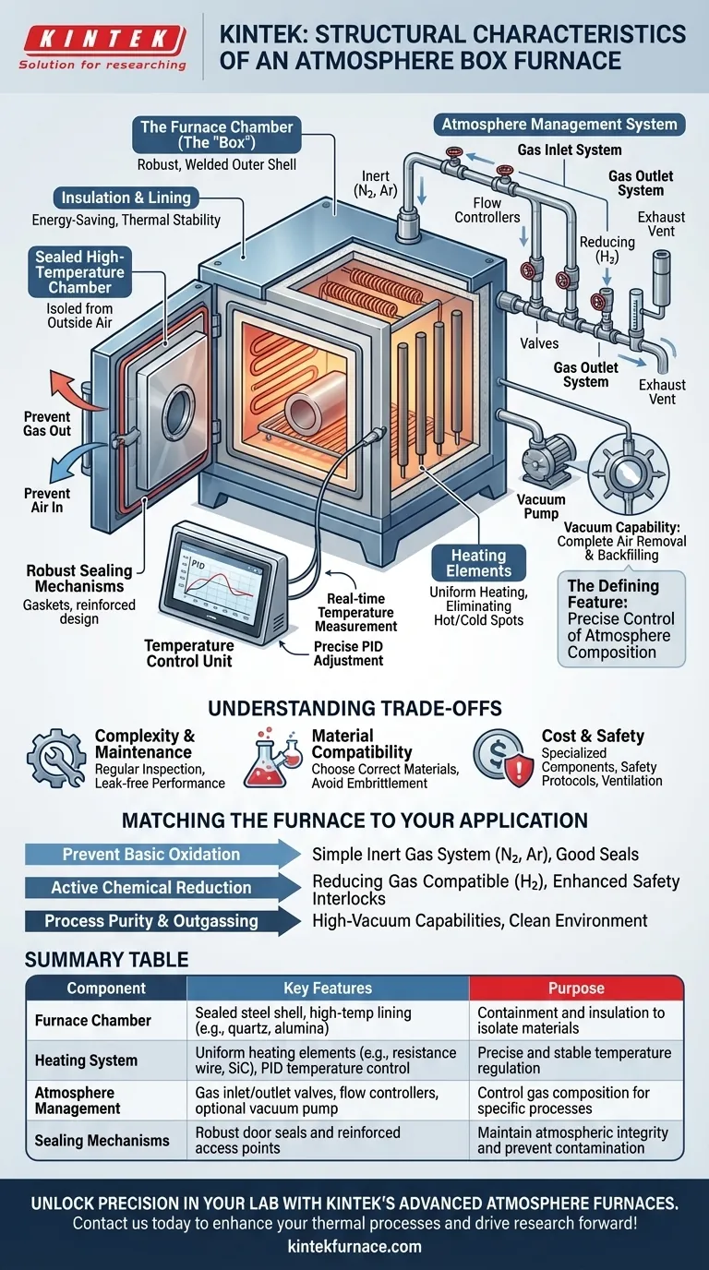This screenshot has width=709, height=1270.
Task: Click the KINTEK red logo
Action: (102, 39)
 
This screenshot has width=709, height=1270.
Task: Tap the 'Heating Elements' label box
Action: (478, 564)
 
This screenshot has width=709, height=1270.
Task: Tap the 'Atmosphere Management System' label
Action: (559, 125)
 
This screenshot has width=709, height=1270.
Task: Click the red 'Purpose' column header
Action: (576, 988)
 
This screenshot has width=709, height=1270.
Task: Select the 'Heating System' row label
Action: (87, 1060)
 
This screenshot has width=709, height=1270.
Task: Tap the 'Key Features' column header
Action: (328, 988)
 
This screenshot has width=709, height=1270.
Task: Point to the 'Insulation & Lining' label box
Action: (126, 198)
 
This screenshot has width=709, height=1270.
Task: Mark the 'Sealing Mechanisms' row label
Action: (102, 1140)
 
